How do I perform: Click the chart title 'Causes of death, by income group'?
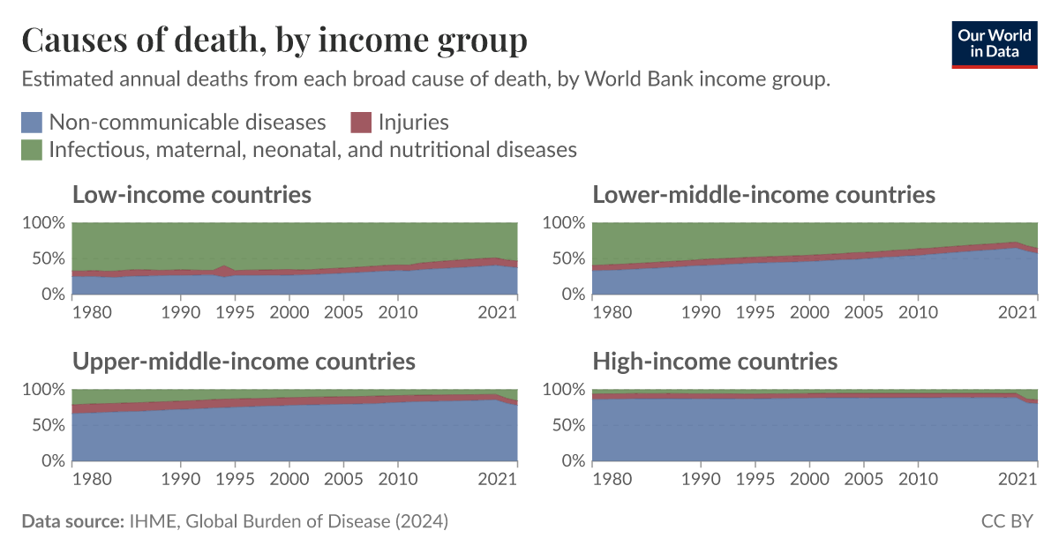[274, 40]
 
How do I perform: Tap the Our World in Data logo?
[995, 42]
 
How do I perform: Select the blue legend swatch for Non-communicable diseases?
[32, 122]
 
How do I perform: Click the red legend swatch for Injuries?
[362, 122]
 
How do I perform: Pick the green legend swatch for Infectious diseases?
[32, 150]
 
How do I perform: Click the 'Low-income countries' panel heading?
[192, 194]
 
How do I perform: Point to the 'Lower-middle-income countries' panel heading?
[763, 194]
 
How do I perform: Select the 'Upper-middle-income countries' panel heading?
[244, 361]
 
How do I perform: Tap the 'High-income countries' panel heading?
[715, 361]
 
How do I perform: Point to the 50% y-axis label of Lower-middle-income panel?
[567, 258]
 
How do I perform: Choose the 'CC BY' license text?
[1007, 521]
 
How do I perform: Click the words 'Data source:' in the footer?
[71, 521]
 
